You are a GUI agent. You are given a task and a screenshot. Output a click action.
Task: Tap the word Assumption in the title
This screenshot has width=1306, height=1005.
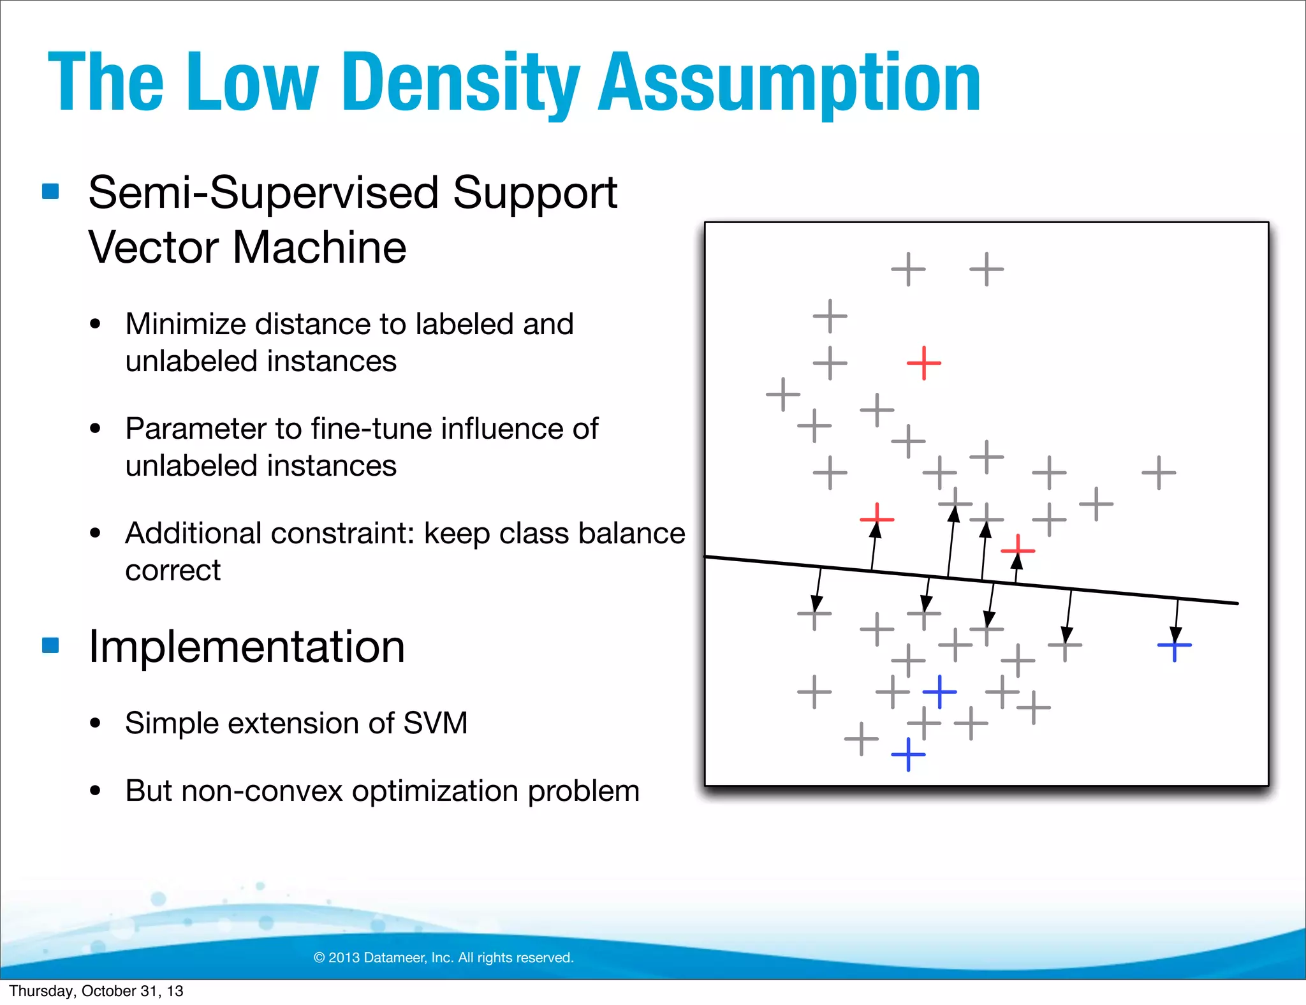[789, 83]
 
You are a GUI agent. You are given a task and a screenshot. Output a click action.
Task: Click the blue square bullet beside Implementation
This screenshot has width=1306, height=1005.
[50, 645]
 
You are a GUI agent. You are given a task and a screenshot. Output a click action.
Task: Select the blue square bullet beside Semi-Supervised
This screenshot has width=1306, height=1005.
[50, 191]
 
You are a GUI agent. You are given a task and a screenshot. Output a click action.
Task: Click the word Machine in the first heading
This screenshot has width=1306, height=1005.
[319, 247]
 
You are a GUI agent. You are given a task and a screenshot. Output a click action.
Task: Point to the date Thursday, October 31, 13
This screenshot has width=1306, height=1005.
[96, 991]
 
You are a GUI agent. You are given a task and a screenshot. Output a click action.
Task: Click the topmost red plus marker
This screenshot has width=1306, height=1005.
[923, 363]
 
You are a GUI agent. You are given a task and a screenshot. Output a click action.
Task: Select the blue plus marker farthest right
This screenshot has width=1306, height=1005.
[1174, 645]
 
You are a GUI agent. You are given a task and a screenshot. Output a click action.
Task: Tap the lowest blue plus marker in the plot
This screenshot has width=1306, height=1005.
[908, 754]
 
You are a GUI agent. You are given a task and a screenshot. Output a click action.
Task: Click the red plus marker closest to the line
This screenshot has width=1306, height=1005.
[1017, 550]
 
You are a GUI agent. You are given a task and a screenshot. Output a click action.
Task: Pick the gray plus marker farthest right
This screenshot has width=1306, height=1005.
[1159, 473]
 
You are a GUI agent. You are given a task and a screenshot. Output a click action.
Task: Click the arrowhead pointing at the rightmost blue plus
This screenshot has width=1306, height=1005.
[1176, 635]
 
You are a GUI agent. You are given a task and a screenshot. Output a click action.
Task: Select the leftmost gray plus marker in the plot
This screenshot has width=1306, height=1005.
[782, 394]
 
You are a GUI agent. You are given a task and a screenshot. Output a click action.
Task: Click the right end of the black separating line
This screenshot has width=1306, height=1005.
[1236, 603]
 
